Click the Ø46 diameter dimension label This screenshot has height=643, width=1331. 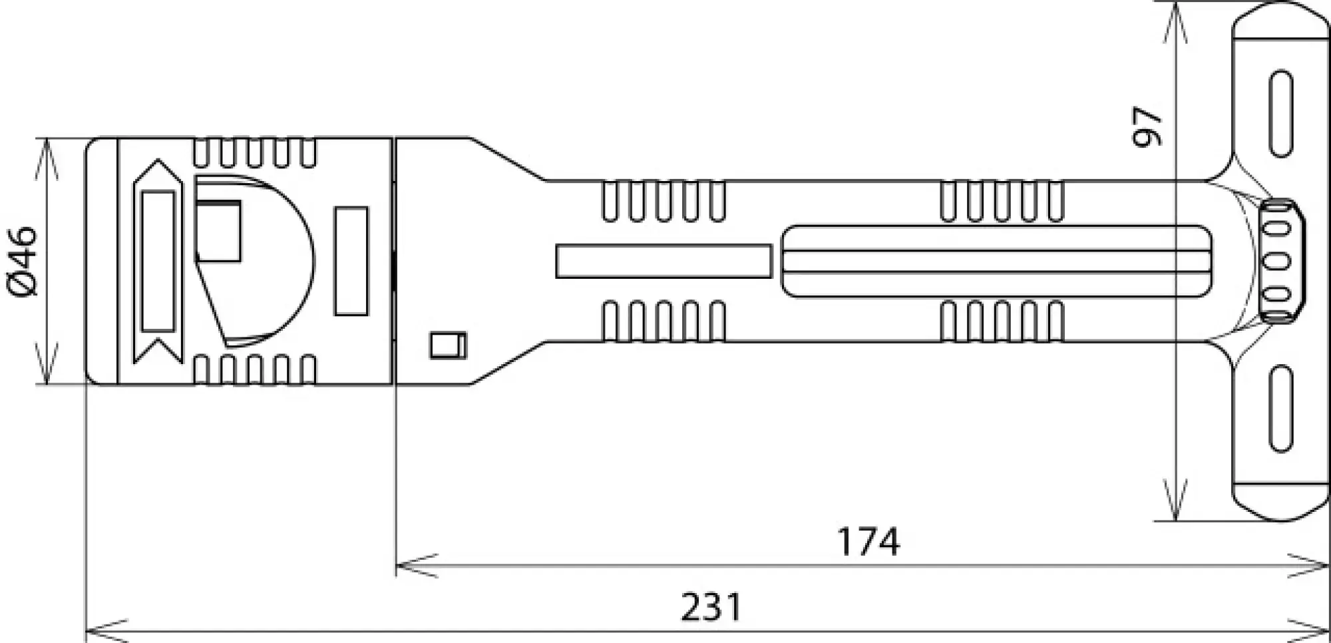pyautogui.click(x=23, y=260)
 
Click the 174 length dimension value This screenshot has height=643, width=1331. pyautogui.click(x=868, y=542)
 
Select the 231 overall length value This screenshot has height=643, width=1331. pyautogui.click(x=711, y=607)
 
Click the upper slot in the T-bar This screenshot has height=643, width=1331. pyautogui.click(x=1280, y=114)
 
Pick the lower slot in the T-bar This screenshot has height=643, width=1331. pyautogui.click(x=1280, y=409)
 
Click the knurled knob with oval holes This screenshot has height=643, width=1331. pyautogui.click(x=1280, y=261)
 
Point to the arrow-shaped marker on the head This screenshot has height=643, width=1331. pyautogui.click(x=158, y=261)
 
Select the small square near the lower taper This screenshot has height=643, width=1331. pyautogui.click(x=448, y=345)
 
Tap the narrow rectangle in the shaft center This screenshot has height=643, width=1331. pyautogui.click(x=664, y=261)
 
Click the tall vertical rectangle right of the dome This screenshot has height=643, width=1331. pyautogui.click(x=351, y=261)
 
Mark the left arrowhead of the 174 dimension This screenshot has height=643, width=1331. pyautogui.click(x=416, y=566)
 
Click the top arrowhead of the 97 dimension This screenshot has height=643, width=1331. pyautogui.click(x=1176, y=23)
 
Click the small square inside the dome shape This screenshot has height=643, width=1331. pyautogui.click(x=219, y=231)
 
